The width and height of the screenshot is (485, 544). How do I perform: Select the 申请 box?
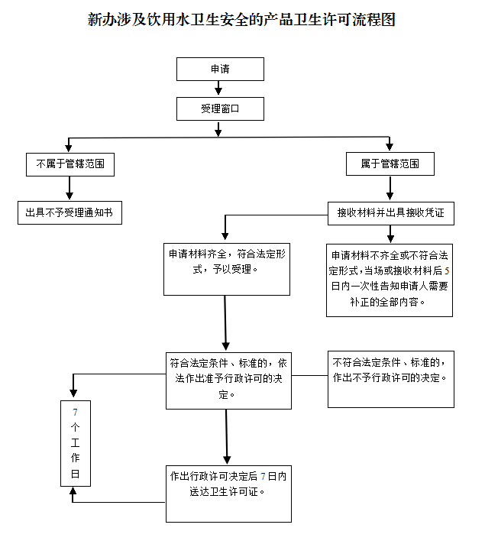pos(220,70)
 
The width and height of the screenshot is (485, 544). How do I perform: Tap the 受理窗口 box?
pos(220,109)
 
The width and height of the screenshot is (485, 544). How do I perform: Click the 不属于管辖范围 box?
pos(70,164)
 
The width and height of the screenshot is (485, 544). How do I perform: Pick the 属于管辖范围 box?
pos(390,164)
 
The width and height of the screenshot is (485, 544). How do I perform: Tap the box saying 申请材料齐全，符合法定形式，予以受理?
pos(227,268)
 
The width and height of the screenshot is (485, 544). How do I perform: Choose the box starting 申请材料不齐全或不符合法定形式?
pos(390,280)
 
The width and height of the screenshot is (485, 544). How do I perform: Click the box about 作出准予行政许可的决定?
pos(228,380)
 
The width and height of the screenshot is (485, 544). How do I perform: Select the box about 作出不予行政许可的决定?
pos(390,378)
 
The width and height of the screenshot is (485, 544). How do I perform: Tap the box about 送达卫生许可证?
pos(228,493)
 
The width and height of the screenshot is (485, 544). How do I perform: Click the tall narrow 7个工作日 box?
pos(76,443)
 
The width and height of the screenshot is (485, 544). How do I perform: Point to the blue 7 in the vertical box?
pos(75,413)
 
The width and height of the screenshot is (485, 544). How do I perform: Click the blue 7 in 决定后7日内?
pos(263,476)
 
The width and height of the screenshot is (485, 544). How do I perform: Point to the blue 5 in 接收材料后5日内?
pos(447,271)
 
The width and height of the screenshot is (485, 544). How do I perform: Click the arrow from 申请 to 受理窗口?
pos(220,89)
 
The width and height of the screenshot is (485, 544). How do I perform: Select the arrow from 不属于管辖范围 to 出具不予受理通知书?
pos(70,188)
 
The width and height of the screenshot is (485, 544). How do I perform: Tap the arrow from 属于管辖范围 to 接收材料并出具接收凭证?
pos(390,189)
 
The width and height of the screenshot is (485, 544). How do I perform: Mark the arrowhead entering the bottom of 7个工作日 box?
pos(74,492)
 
